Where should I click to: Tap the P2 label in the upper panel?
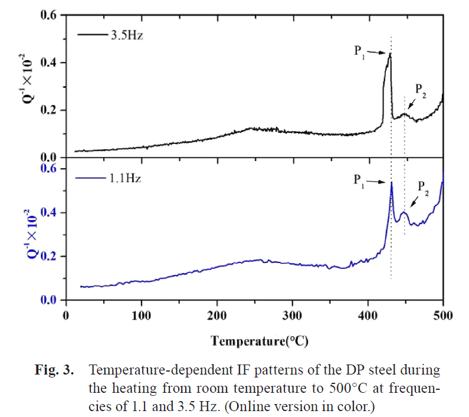tap(421, 90)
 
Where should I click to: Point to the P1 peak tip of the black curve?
tap(390, 54)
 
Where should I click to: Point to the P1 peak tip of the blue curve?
tap(391, 182)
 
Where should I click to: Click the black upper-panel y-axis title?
tap(23, 86)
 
